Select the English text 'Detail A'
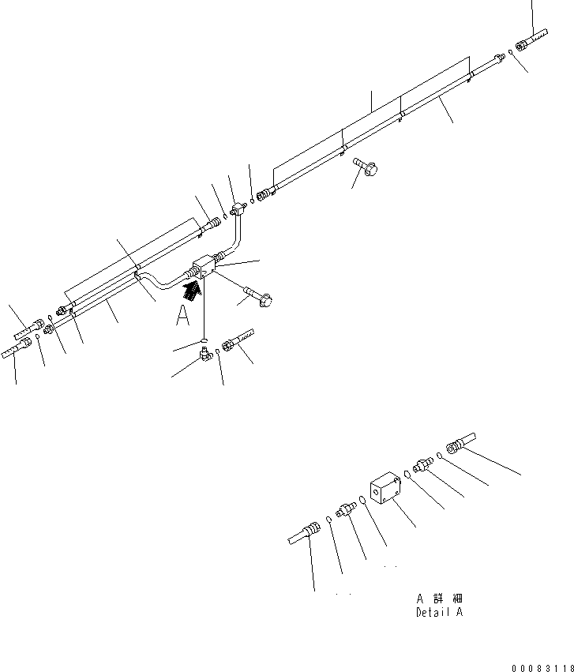pyautogui.click(x=440, y=613)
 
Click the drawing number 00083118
pyautogui.click(x=541, y=666)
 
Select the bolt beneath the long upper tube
pyautogui.click(x=366, y=167)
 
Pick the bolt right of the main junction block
pyautogui.click(x=259, y=295)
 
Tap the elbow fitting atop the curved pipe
pyautogui.click(x=238, y=208)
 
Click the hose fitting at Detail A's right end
pyautogui.click(x=460, y=441)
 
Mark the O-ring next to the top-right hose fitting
pyautogui.click(x=511, y=52)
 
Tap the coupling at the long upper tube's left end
pyautogui.click(x=265, y=191)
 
